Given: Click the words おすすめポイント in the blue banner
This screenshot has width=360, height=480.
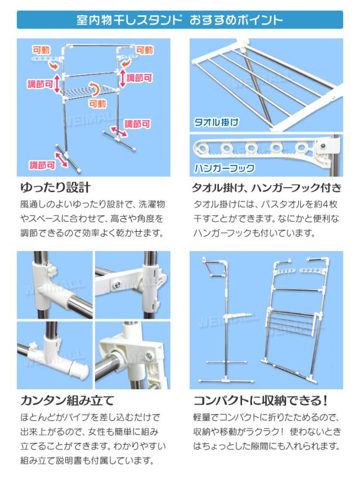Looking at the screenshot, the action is pos(236,20).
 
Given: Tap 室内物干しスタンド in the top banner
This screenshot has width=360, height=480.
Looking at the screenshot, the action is pos(129,20).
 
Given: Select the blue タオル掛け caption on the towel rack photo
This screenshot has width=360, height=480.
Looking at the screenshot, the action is pos(216,123).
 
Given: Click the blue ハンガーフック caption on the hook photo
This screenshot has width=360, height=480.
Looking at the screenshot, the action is pos(224,168).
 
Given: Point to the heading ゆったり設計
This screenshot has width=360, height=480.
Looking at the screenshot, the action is pos(56,187).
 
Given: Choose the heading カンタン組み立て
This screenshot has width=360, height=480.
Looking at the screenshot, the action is pos(67,401).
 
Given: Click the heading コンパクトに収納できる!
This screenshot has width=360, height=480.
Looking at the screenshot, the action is pos(261,401).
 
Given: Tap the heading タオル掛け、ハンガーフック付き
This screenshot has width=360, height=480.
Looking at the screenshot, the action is pos(267,187).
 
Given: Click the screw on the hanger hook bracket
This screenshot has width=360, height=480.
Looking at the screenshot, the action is pos(323,145).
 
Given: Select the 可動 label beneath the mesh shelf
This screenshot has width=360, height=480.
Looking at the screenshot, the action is pos(97,104).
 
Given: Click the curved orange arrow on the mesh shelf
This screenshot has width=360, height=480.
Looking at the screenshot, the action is pos(95,89).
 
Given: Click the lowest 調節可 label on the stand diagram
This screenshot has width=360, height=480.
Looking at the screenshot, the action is pos(42,165).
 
